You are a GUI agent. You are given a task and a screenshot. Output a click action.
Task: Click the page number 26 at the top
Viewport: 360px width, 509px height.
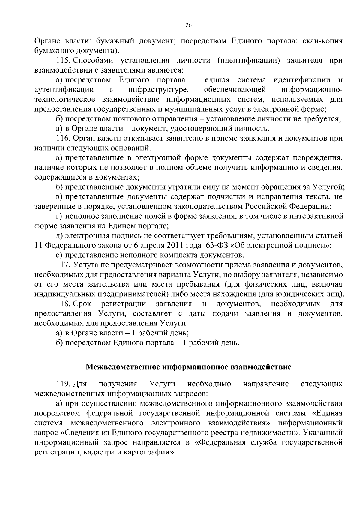[189, 25]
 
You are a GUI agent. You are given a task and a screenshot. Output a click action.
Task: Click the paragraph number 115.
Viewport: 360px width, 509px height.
[63, 61]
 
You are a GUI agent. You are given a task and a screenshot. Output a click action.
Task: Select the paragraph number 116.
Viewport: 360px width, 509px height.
[63, 138]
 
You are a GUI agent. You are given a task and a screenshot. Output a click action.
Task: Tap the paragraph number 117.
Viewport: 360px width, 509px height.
[63, 265]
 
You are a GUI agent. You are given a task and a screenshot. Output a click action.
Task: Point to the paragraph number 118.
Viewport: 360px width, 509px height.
[63, 304]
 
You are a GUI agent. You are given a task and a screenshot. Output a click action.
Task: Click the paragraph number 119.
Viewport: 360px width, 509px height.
[63, 384]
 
